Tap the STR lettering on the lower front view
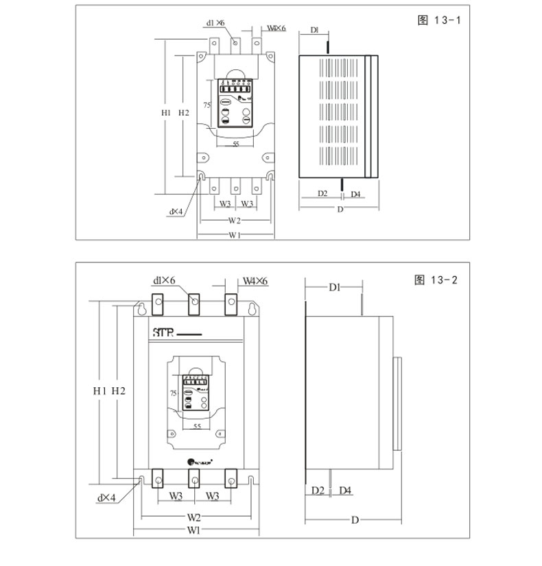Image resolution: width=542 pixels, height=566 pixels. tap(162, 334)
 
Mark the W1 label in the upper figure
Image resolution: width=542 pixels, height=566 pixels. tap(234, 236)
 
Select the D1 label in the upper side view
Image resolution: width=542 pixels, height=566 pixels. tap(314, 30)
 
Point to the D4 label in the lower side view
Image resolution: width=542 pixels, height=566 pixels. tap(345, 491)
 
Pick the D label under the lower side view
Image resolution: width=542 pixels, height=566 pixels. tap(355, 520)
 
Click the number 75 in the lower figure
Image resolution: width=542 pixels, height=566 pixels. tap(174, 393)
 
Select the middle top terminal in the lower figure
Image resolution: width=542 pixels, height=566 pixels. tap(193, 302)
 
